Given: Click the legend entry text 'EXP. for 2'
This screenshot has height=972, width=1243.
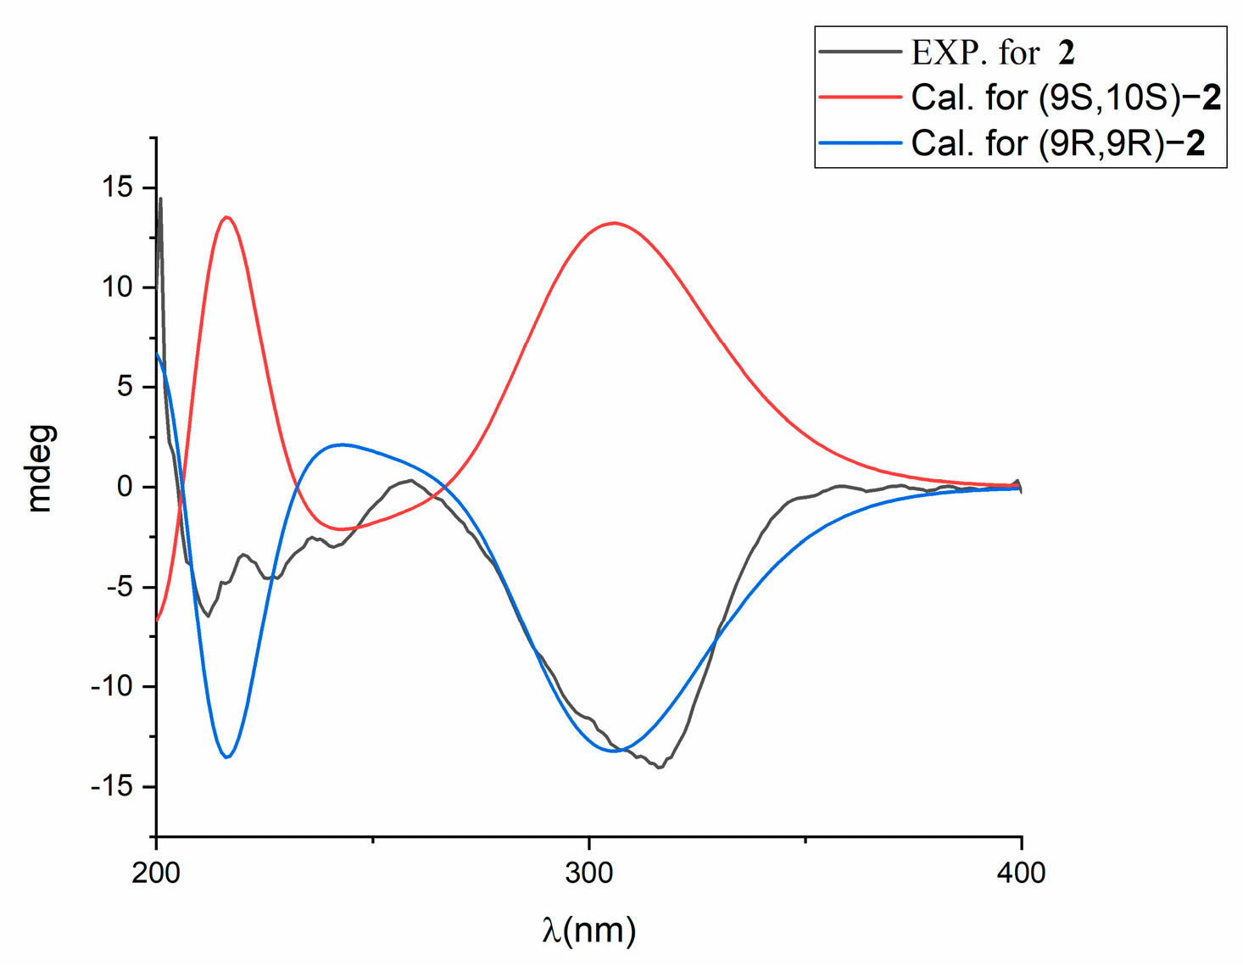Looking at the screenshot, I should click(993, 53).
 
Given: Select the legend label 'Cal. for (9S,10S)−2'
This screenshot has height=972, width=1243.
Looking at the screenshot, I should click(1066, 98).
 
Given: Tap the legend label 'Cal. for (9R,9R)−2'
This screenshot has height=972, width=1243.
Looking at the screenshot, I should click(1057, 143).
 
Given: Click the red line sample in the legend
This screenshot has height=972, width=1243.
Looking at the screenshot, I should click(860, 98).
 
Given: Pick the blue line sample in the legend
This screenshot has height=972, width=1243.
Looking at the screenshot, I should click(860, 143).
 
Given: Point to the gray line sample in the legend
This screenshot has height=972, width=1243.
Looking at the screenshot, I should click(860, 53).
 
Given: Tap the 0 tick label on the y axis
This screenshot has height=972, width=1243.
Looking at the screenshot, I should click(125, 487).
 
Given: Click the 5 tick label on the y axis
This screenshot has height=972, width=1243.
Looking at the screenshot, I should click(125, 387).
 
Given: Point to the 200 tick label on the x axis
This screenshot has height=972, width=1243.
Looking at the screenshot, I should click(156, 873).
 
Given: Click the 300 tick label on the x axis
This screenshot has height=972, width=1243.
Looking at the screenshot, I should click(588, 873).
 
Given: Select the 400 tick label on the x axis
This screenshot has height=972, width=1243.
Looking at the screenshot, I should click(1021, 873).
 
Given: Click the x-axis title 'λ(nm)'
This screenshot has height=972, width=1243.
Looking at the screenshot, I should click(588, 930).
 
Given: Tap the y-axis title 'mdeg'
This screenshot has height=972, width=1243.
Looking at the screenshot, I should click(40, 469).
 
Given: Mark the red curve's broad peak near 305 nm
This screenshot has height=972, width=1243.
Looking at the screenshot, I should click(613, 223).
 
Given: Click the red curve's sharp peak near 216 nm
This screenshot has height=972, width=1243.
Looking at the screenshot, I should click(226, 217).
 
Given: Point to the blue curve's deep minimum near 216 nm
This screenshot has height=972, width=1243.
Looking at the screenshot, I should click(226, 757).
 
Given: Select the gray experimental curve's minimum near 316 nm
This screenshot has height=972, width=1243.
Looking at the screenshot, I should click(659, 767).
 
